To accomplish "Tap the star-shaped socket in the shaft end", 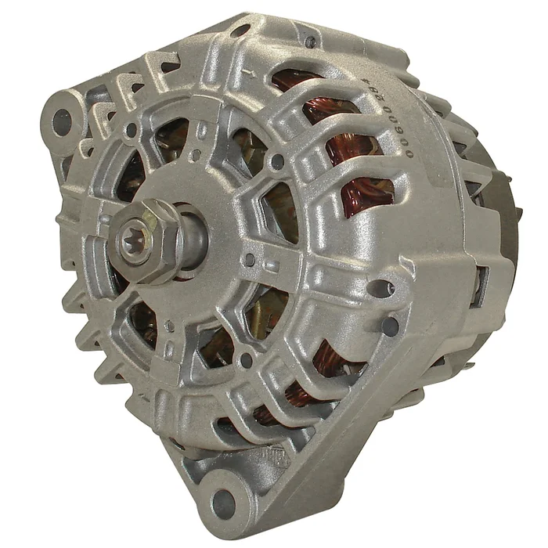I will tap(139, 236).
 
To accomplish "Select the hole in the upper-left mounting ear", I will tap(61, 121).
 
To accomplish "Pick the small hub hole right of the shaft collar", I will tap(249, 259).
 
